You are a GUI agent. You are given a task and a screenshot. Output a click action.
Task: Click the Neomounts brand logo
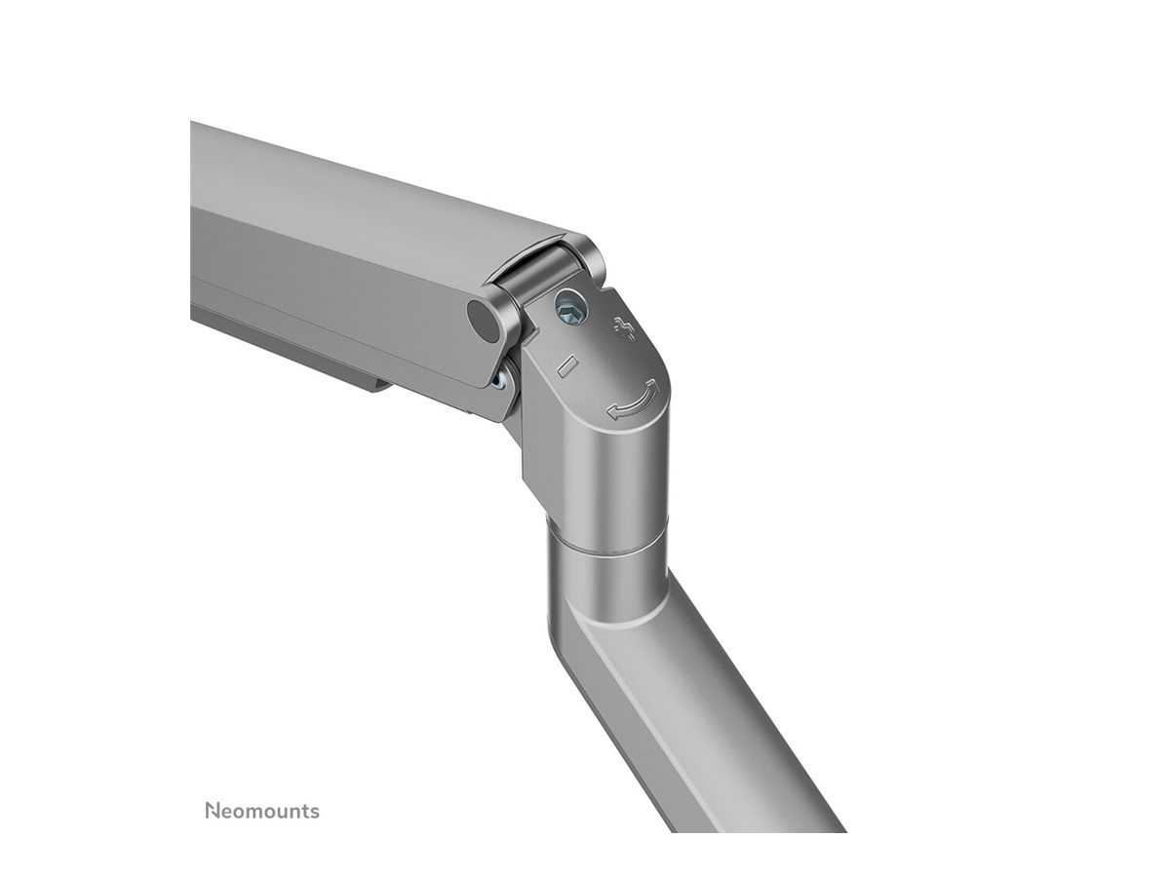point(261,811)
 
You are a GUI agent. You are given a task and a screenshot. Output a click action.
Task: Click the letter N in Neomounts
point(212,811)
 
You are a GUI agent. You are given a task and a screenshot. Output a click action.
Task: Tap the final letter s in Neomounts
point(314,812)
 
